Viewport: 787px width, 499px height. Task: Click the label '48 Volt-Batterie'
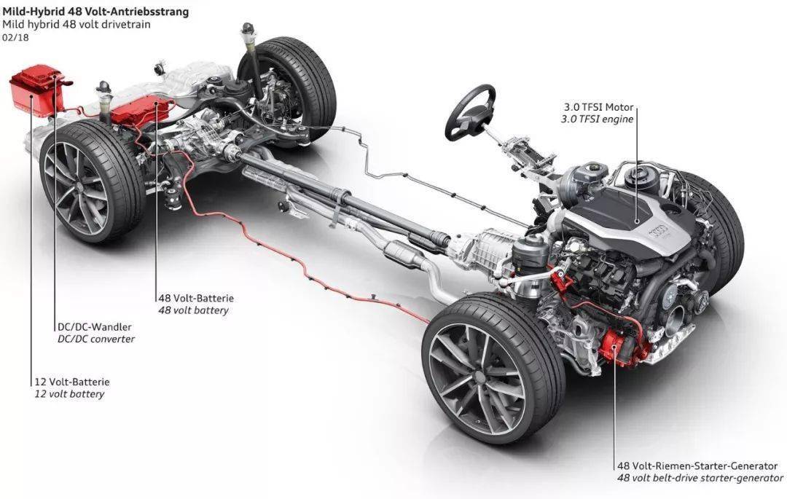click(196, 298)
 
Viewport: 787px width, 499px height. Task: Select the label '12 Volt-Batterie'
click(71, 381)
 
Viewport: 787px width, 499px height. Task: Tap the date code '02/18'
click(14, 37)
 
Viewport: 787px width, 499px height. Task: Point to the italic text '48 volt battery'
click(193, 310)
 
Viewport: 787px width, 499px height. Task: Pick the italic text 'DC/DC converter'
click(95, 339)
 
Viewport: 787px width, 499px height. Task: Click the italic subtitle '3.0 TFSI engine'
click(597, 118)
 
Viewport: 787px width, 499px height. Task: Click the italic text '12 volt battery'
click(69, 394)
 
